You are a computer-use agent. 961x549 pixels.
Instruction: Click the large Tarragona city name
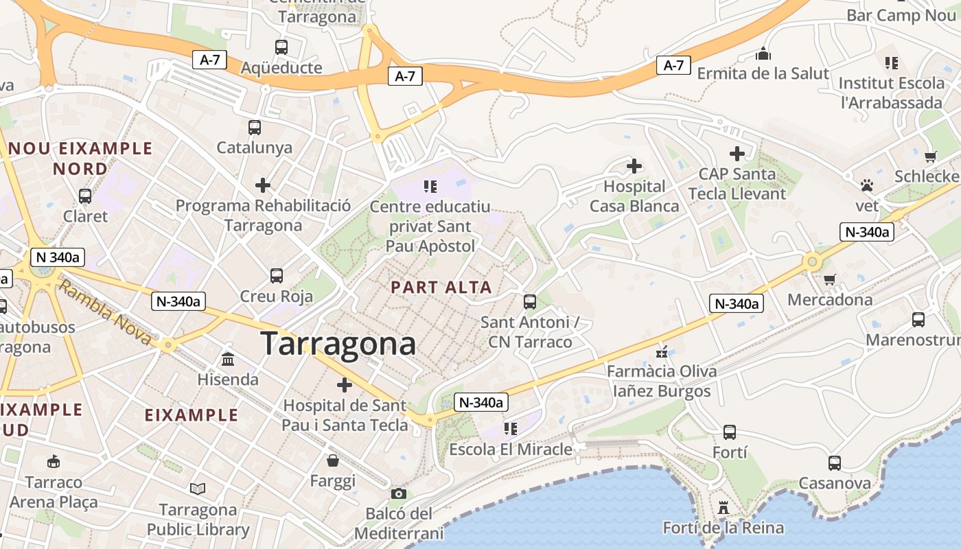point(338,344)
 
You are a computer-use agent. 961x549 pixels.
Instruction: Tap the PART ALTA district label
point(441,288)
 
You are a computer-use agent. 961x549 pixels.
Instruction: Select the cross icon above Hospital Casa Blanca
point(634,166)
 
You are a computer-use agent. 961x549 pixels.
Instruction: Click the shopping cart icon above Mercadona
point(830,279)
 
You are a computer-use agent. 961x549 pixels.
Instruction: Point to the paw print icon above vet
point(867,185)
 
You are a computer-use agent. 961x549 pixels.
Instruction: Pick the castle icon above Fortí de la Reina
point(723,508)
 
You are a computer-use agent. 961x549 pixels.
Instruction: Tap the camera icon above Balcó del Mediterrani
point(398,493)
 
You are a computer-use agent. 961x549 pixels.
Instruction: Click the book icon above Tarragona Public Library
point(198,489)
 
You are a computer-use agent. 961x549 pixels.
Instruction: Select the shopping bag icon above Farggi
point(333,460)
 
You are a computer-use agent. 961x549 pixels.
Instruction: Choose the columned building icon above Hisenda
point(228,359)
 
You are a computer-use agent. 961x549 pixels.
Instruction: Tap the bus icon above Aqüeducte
point(281,47)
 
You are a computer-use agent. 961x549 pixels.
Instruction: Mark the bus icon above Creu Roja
point(277,276)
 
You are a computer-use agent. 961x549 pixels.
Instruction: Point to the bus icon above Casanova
point(834,463)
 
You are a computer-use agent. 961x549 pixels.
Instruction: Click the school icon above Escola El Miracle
point(510,429)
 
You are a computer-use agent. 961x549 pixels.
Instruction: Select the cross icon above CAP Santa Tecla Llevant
point(737,154)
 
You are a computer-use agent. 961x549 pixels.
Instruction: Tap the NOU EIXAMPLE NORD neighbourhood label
point(80,159)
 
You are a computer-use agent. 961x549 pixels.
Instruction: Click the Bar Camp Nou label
point(902,15)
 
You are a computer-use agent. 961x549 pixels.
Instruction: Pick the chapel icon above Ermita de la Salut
point(763,54)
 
